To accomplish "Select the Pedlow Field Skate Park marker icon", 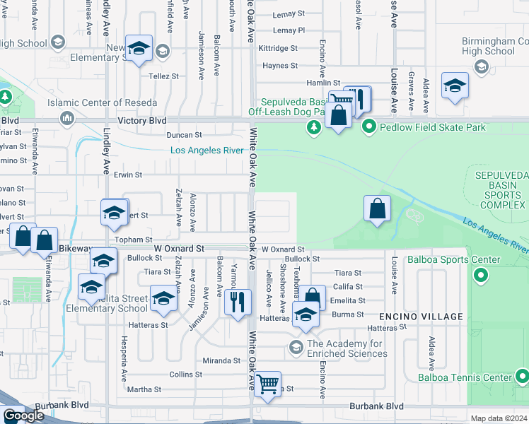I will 368,127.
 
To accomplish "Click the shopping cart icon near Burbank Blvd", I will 268,384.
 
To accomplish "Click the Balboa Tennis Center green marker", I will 521,376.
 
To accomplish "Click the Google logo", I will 23,416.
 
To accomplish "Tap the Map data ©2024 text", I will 499,418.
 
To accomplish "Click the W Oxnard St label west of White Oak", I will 180,249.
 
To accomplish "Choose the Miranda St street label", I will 221,360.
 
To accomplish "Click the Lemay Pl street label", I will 289,31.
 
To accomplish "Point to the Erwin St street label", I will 128,175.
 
